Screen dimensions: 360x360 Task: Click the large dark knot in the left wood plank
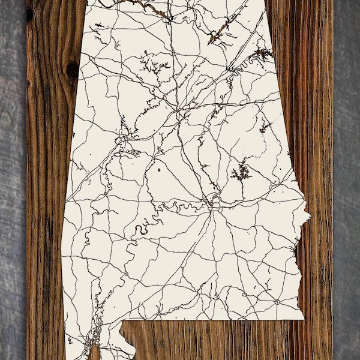click(72, 70)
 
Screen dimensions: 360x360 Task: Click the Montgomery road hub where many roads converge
click(212, 204)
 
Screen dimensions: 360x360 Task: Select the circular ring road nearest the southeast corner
click(277, 300)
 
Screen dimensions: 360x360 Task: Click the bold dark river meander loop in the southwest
click(142, 229)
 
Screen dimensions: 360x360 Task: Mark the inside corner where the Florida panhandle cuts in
click(122, 324)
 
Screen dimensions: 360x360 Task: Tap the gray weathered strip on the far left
click(12, 180)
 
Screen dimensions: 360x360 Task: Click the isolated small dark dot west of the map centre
click(160, 170)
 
